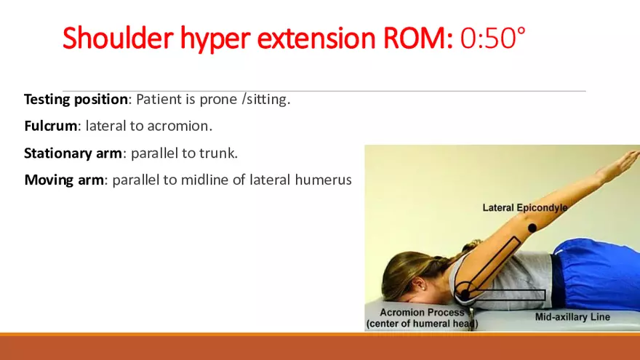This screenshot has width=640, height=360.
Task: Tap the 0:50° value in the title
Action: (x=492, y=38)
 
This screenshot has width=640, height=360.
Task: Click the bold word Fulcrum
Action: (x=50, y=126)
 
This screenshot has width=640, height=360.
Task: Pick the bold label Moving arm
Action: (x=64, y=180)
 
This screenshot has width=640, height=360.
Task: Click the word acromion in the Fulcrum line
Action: (x=181, y=126)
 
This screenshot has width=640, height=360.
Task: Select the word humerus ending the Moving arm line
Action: (x=325, y=180)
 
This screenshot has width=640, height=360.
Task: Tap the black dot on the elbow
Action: (x=532, y=228)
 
